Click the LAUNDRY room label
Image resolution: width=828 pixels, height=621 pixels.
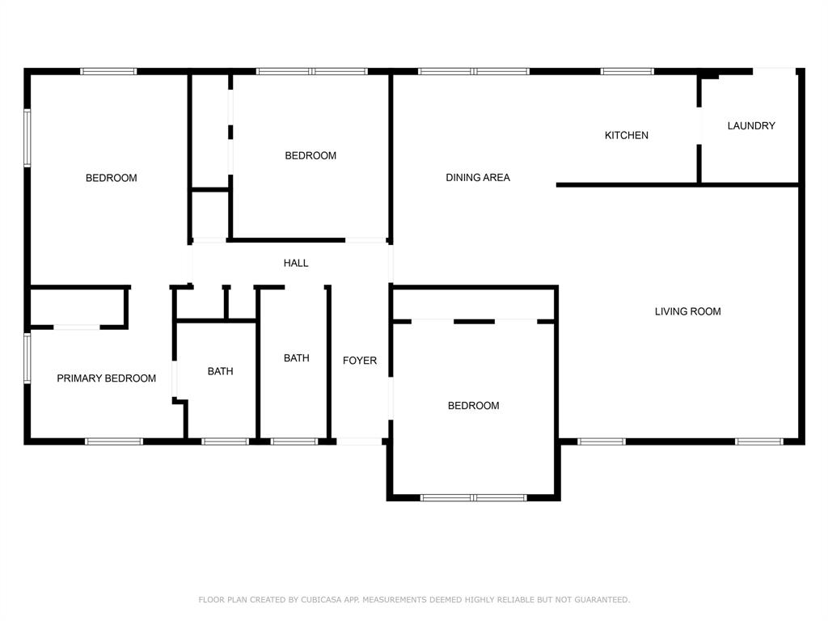click(751, 126)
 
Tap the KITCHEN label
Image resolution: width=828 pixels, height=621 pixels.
click(627, 136)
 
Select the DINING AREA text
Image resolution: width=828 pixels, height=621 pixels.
click(478, 178)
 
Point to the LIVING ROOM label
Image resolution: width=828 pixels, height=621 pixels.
click(687, 312)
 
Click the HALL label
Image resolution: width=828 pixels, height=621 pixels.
click(296, 264)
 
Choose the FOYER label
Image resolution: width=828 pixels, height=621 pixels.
click(360, 361)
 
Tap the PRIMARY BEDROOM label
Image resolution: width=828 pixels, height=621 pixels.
click(106, 378)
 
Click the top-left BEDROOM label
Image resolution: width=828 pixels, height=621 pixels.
click(112, 179)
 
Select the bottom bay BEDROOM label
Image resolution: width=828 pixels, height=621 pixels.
click(473, 406)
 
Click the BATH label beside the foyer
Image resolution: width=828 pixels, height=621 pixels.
click(296, 358)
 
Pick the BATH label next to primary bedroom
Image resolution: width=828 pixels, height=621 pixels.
click(220, 372)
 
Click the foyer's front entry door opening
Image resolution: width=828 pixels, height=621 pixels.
click(360, 441)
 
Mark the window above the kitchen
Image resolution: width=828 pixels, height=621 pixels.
click(627, 72)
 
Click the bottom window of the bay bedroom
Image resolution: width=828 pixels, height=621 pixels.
click(474, 497)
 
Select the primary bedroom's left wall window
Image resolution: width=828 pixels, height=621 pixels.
click(27, 357)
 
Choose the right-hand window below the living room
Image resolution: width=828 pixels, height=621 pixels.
click(758, 441)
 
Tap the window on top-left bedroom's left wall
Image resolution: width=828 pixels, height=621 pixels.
click(27, 138)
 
